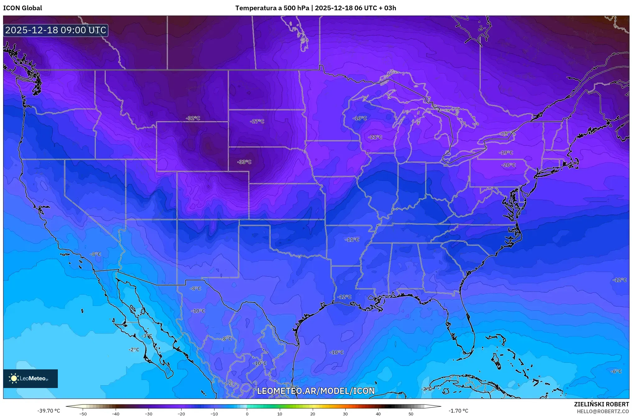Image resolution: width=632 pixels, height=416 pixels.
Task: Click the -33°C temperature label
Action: click(244, 162)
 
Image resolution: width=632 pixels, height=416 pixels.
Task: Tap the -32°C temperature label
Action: click(193, 118)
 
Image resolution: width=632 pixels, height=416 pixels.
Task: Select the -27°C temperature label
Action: click(257, 121)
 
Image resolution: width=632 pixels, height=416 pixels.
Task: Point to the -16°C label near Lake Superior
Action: click(360, 118)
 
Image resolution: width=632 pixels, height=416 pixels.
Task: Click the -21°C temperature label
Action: click(375, 137)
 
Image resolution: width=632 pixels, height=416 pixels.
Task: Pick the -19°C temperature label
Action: click(506, 153)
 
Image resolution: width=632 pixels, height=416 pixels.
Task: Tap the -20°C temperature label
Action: click(508, 165)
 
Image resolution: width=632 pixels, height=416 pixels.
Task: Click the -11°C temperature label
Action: click(352, 239)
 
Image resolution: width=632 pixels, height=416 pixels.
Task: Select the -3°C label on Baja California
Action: click(147, 336)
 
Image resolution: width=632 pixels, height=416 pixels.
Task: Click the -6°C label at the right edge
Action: click(616, 371)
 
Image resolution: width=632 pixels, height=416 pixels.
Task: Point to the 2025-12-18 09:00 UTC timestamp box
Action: click(56, 30)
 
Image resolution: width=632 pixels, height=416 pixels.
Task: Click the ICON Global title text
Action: click(22, 8)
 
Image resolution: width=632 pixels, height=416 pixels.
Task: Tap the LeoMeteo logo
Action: click(30, 378)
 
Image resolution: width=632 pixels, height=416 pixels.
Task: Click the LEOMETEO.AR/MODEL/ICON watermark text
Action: click(316, 391)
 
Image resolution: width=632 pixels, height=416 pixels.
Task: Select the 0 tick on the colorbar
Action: click(247, 414)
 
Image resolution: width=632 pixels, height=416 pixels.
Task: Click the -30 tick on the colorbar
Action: click(149, 414)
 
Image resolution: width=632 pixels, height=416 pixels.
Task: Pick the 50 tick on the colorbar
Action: click(411, 414)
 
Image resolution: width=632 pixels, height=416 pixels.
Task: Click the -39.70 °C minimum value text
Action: click(49, 411)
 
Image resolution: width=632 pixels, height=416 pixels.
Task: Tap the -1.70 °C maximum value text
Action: click(458, 411)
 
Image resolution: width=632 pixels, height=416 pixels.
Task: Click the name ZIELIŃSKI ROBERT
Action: click(601, 404)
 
